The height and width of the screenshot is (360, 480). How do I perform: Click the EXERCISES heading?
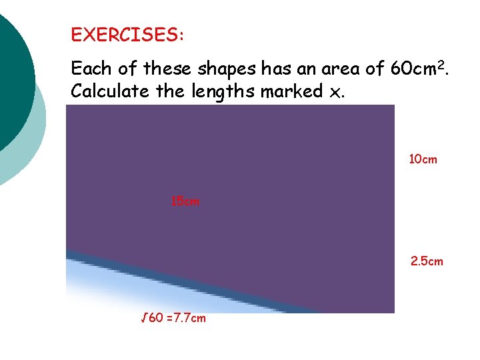click(127, 35)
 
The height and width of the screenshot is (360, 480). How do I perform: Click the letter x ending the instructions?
click(334, 93)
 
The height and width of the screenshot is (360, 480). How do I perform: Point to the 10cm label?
click(423, 159)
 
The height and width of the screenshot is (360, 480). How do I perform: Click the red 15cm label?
click(185, 201)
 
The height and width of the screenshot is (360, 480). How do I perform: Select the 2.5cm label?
click(427, 261)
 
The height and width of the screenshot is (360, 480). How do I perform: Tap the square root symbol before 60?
click(143, 317)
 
